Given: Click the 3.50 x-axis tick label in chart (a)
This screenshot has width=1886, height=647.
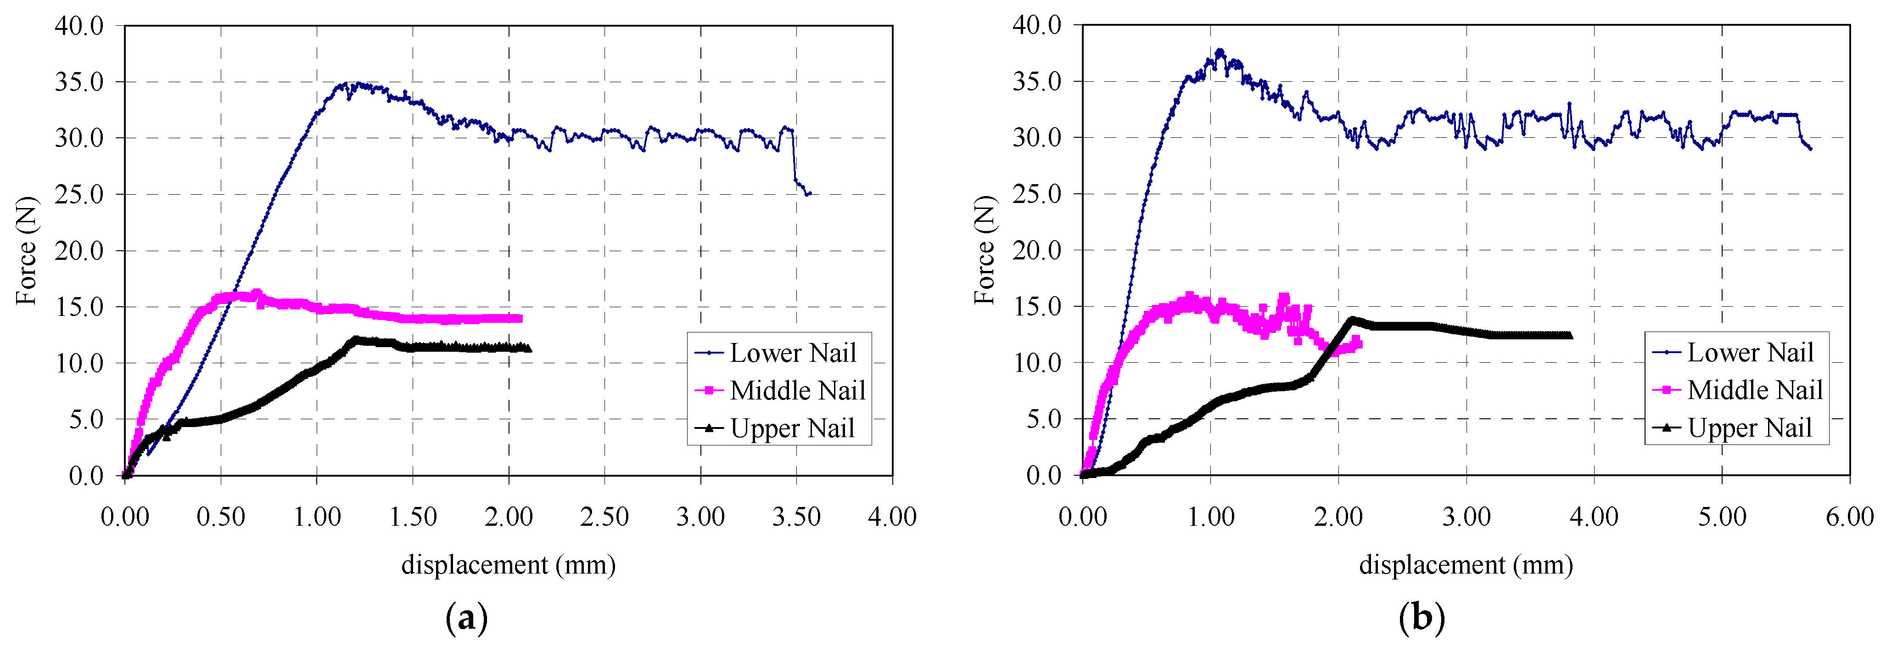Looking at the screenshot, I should point(796,518).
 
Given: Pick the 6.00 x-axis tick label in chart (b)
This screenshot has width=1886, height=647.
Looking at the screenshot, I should point(1849,518).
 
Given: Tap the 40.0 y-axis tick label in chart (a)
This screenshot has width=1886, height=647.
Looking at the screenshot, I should point(79,26).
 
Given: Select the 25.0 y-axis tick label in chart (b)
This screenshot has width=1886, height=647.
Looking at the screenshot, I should point(1037,194).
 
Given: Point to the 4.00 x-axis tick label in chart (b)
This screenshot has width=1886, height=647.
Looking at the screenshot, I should point(1594,518).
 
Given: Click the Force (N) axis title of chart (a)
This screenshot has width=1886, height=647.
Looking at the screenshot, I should point(26,251).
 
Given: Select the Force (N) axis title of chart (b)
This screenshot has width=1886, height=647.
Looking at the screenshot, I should point(984,251).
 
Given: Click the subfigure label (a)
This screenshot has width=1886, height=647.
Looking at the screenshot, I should point(466,619).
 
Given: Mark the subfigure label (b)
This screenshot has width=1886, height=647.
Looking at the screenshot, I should point(1422,619).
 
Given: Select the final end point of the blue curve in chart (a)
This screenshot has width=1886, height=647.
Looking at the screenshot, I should point(809,194).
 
